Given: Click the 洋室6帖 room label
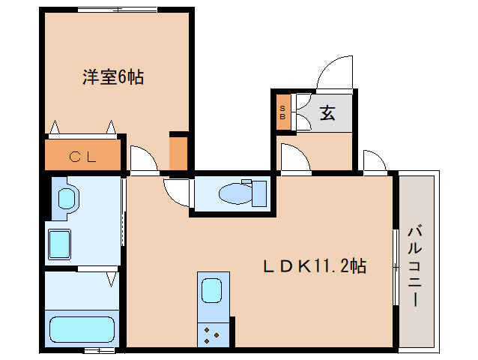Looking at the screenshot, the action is [113, 77].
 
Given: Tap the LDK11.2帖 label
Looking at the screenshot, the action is [315, 265].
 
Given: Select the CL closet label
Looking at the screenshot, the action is [82, 157].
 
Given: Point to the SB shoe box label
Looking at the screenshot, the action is [282, 112].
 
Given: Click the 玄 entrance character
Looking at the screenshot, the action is [327, 113].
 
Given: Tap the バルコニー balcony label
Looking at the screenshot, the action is [414, 265].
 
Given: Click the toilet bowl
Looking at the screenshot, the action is [236, 193].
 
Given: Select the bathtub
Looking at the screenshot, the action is [82, 329].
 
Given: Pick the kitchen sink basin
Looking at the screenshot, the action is [211, 290].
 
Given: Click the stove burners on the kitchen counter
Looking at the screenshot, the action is [211, 335].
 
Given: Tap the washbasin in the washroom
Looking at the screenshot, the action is [67, 199].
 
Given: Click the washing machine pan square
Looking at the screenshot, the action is [59, 244].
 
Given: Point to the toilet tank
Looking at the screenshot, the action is [259, 193].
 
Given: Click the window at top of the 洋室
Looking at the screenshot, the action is [118, 10].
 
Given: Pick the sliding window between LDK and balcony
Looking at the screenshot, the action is [396, 267].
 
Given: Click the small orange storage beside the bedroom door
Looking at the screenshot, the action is [178, 154].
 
